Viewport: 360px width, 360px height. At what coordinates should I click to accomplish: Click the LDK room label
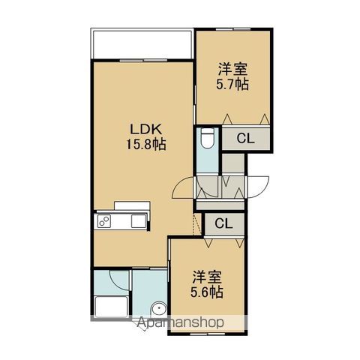coord(145,130)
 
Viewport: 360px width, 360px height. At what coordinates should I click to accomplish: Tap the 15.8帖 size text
coord(146,145)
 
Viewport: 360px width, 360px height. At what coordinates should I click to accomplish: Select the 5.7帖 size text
coord(232,85)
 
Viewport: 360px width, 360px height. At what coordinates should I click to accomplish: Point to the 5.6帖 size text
coord(207,292)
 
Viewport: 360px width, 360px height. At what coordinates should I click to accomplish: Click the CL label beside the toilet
coord(245,138)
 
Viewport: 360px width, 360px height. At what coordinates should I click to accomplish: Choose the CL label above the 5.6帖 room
coord(223,223)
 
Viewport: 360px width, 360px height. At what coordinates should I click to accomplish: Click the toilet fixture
coord(208,138)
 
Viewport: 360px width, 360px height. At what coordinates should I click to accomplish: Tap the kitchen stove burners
coord(104,221)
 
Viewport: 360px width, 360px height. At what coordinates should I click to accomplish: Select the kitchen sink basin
coord(139,221)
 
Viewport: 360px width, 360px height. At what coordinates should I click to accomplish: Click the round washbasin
coord(159,309)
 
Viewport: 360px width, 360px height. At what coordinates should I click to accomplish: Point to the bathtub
coord(112,306)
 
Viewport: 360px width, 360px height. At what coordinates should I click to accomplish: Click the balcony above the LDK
coord(142,43)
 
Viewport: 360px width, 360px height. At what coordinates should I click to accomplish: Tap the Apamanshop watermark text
coord(181,322)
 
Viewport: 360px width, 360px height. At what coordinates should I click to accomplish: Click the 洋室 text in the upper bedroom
coord(232,69)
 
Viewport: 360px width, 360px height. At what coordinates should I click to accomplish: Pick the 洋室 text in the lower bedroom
coord(207,277)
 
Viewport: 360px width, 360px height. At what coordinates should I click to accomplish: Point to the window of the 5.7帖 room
coord(233,29)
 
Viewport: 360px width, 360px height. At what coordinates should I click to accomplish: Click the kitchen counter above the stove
coord(132,205)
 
